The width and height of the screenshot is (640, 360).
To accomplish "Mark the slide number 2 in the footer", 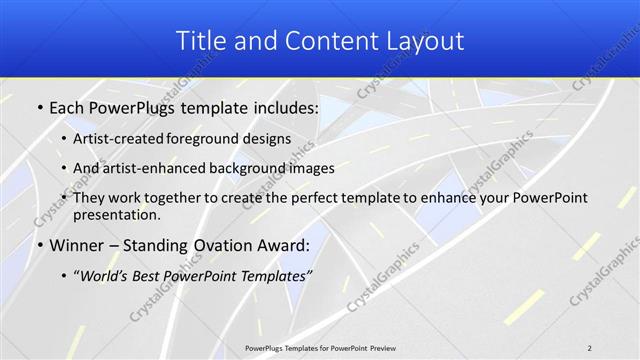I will (x=590, y=347).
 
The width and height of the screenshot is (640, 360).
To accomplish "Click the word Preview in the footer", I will (x=381, y=347).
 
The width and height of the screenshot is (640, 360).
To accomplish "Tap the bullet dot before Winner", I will (x=39, y=245).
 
